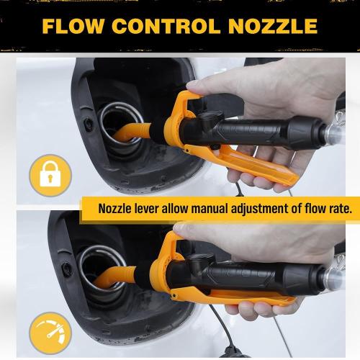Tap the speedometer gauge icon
[50, 333]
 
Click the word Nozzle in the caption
[120, 210]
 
